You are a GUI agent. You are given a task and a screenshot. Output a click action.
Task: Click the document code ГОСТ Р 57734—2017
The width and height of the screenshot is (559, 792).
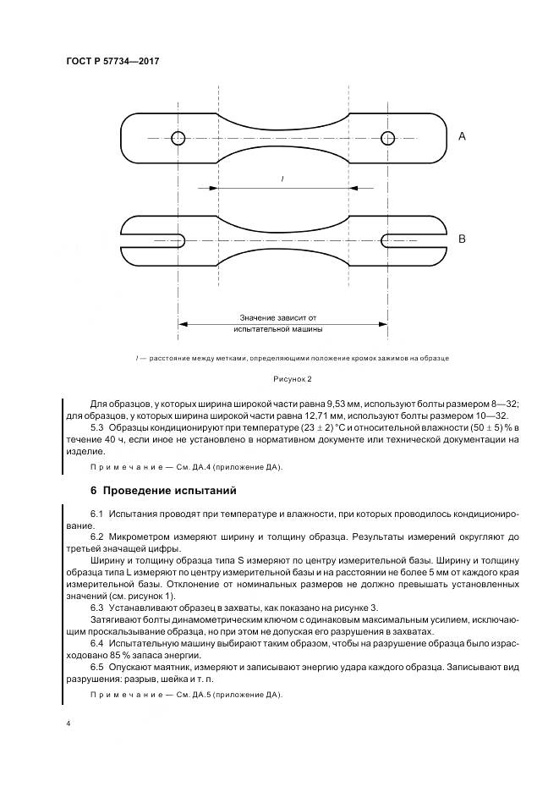click(112, 62)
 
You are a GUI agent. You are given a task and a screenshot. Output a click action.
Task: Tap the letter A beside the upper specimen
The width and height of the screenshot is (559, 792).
click(462, 135)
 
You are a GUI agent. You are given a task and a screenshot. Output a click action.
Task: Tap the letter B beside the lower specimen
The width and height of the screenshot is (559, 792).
click(462, 239)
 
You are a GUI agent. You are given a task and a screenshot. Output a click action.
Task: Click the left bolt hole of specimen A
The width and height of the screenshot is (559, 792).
click(177, 138)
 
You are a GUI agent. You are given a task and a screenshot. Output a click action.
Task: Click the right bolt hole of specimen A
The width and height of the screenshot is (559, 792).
click(387, 138)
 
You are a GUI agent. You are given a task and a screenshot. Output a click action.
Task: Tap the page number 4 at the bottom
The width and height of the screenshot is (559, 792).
click(68, 724)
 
